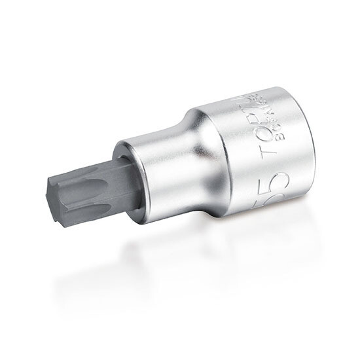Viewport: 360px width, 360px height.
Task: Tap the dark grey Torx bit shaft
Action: [x=98, y=187]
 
